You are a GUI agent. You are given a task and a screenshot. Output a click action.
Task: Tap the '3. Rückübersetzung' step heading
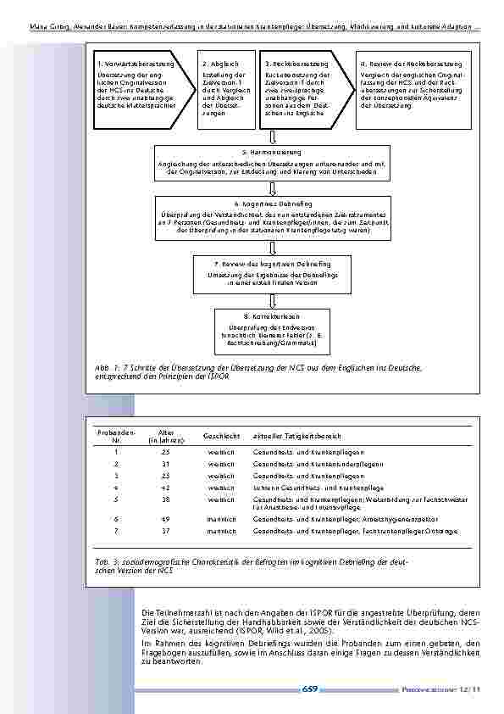point(293,64)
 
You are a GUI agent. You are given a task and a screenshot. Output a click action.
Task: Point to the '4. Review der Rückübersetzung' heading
point(411,64)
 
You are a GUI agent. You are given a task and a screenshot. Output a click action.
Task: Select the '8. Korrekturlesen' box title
point(273,316)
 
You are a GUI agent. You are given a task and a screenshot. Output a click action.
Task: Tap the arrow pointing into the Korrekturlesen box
point(273,297)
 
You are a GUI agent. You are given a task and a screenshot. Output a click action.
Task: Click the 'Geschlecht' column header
point(219,436)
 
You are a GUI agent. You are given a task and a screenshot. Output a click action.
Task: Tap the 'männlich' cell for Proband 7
point(220,531)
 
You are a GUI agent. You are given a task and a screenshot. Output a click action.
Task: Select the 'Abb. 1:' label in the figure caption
point(107,366)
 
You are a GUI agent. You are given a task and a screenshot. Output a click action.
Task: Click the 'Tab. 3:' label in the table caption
point(107,562)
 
